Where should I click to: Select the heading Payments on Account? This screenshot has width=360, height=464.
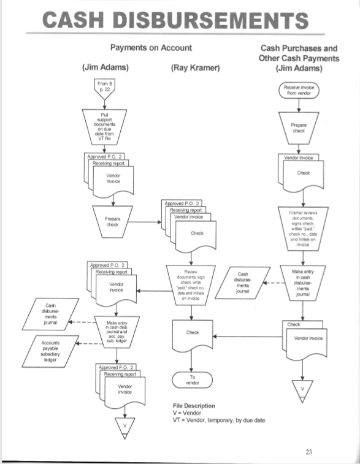click(x=150, y=48)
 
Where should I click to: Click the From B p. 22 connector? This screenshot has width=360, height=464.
click(x=102, y=87)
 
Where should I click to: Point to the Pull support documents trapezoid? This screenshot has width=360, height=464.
click(x=103, y=125)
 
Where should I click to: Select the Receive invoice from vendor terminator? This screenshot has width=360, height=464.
click(x=299, y=90)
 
